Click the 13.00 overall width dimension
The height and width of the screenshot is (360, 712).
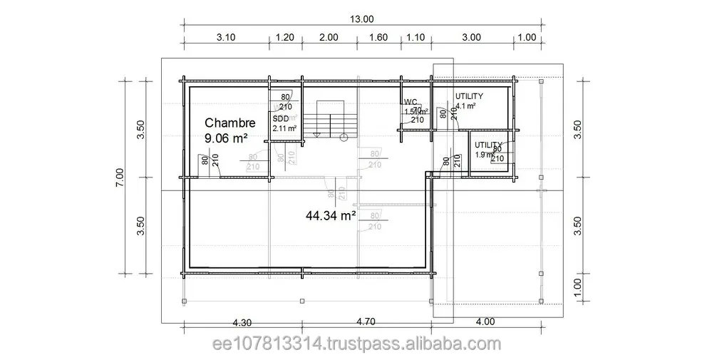click(362, 19)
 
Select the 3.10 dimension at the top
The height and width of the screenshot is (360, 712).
click(226, 37)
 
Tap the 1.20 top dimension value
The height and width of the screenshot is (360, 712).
click(285, 37)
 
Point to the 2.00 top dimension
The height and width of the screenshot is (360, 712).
click(329, 37)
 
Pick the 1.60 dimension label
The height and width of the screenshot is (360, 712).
click(378, 37)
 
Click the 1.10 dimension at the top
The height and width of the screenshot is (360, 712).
click(416, 37)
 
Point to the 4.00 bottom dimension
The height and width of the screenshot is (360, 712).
click(485, 321)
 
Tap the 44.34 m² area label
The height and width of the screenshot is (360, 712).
click(331, 214)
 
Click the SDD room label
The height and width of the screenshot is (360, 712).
click(280, 118)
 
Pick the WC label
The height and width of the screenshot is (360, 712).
click(410, 102)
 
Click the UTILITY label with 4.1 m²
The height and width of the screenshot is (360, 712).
click(469, 96)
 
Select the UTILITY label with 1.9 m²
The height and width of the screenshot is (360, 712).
click(488, 145)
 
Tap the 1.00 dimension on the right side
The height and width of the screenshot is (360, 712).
click(578, 288)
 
